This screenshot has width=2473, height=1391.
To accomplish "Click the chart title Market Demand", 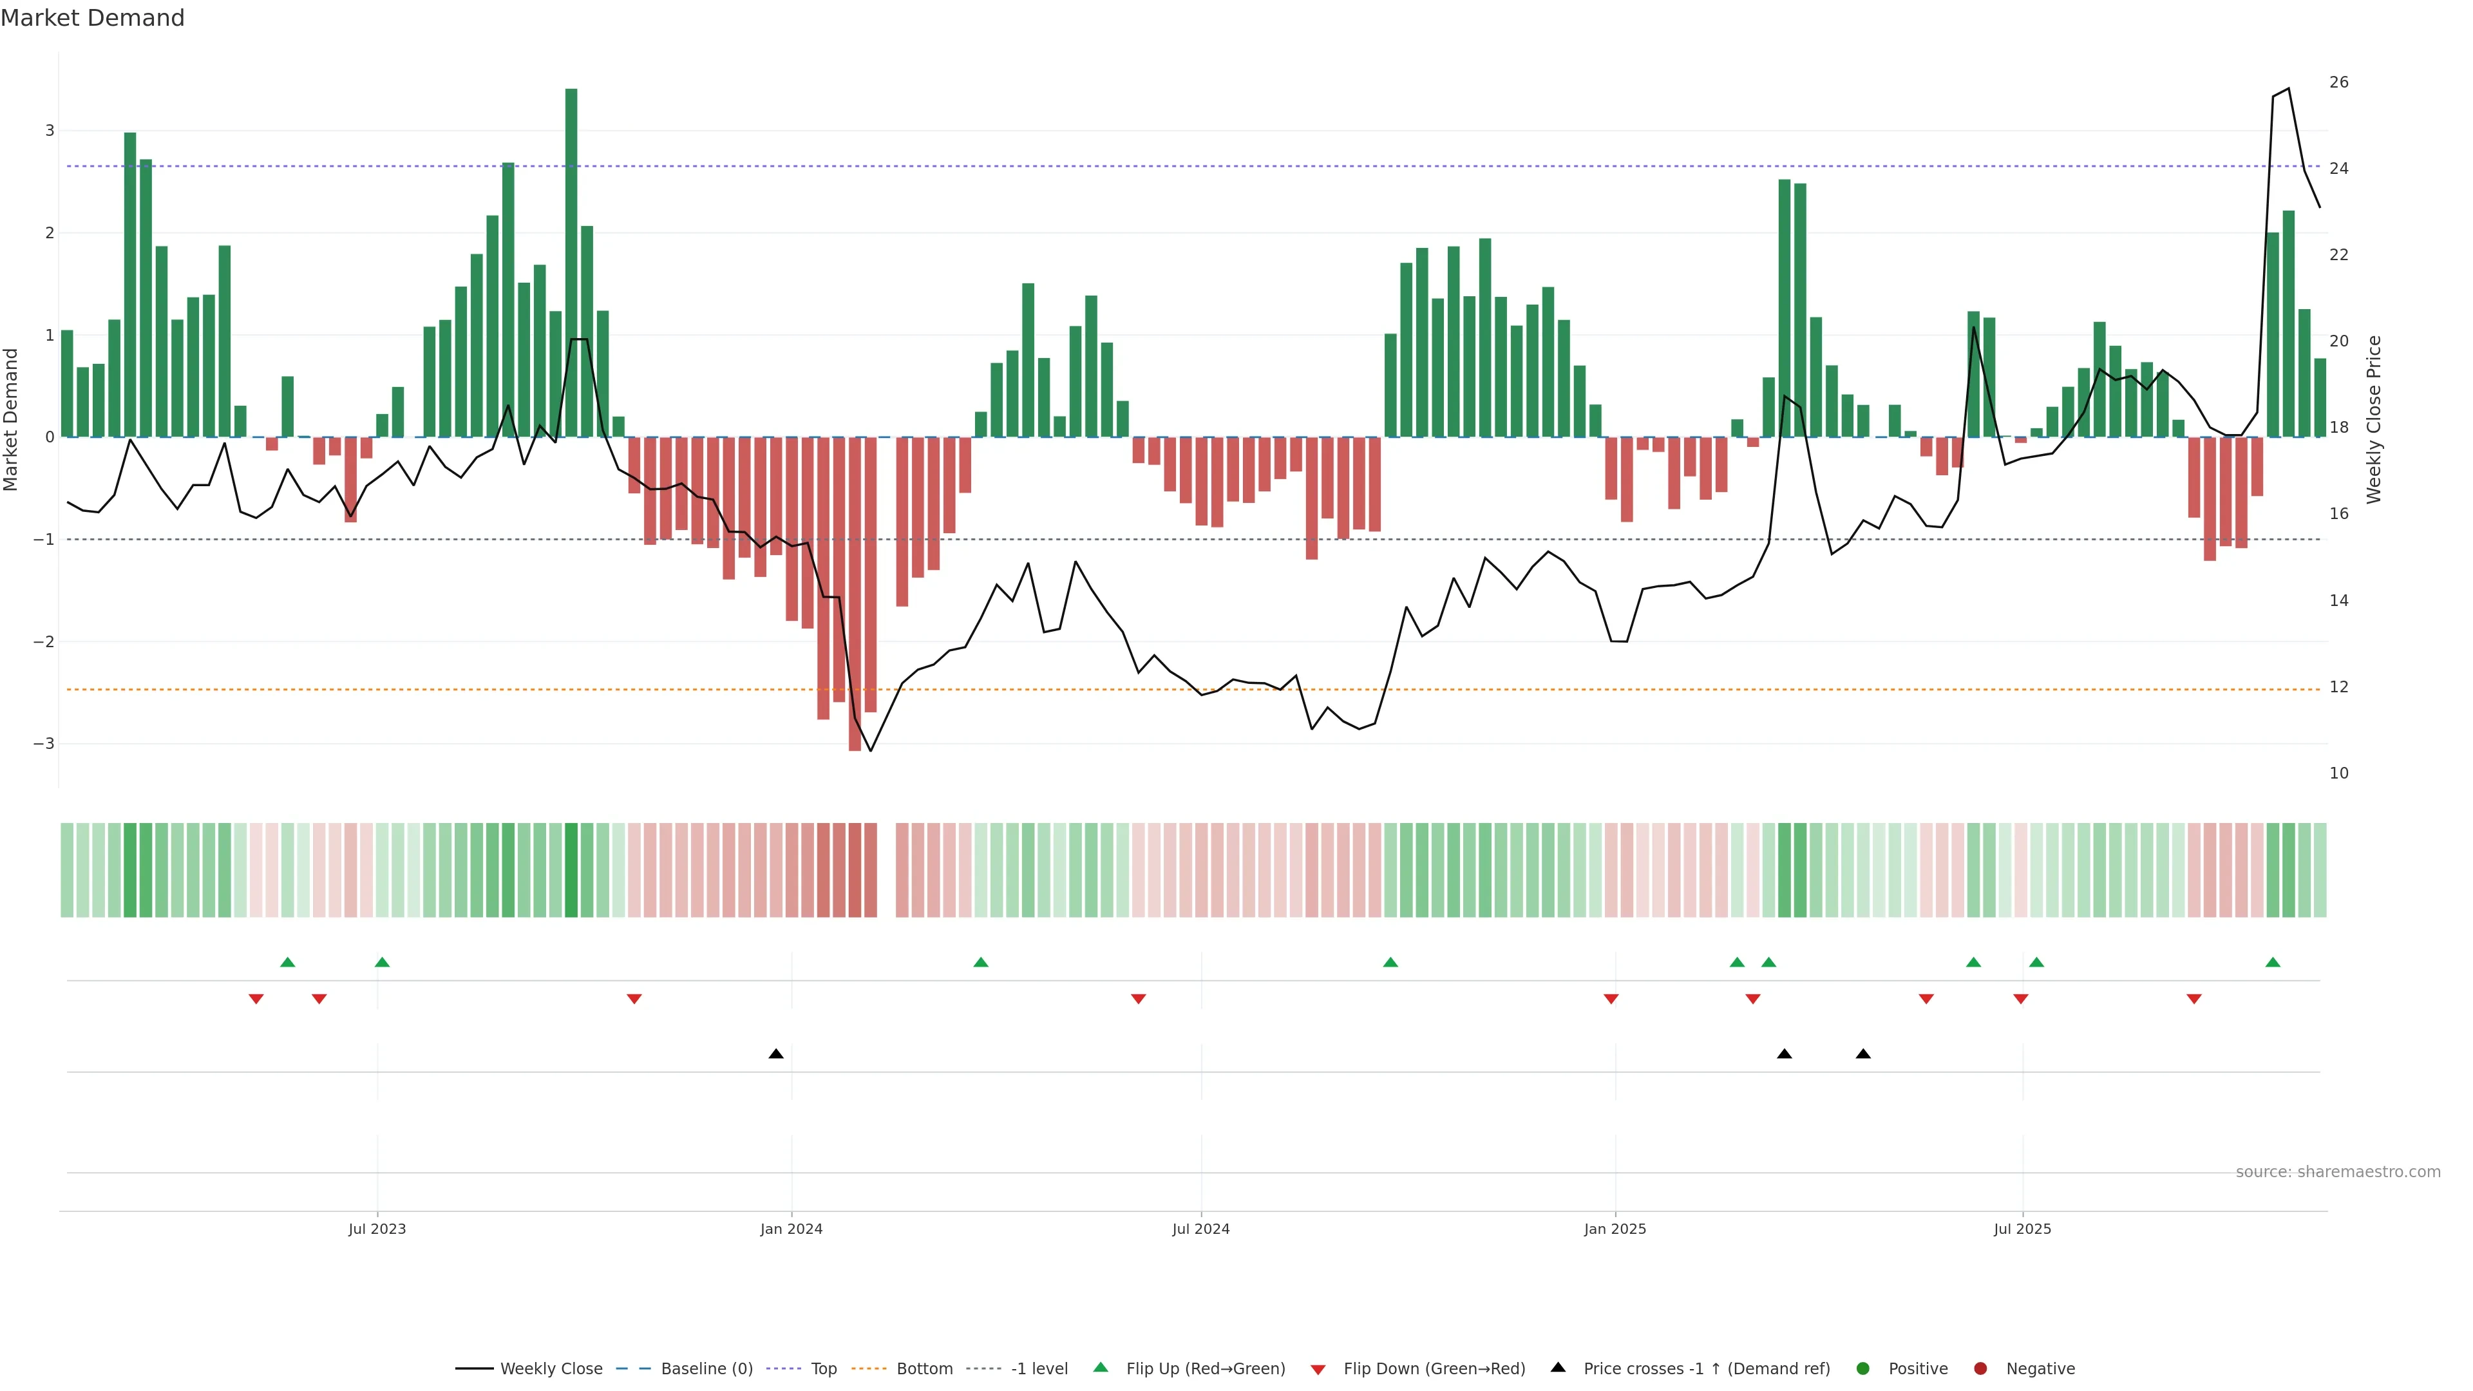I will [x=92, y=18].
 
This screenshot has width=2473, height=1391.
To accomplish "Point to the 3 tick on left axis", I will [x=49, y=131].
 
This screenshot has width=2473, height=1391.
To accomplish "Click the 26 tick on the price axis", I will [x=2338, y=82].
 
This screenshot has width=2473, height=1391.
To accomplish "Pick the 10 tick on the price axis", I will [x=2338, y=773].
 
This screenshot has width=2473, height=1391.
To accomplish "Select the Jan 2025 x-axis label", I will [x=1615, y=1229].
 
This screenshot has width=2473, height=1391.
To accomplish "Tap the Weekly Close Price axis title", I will [x=2373, y=419].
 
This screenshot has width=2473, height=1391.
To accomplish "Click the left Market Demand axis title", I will [x=12, y=419].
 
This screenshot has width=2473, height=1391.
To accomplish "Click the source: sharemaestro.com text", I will [x=2338, y=1172].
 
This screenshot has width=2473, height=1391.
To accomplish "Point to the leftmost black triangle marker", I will [x=775, y=1054].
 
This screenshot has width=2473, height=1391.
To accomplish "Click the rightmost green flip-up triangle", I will [x=2272, y=962].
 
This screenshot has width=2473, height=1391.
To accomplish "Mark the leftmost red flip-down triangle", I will [x=256, y=999].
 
